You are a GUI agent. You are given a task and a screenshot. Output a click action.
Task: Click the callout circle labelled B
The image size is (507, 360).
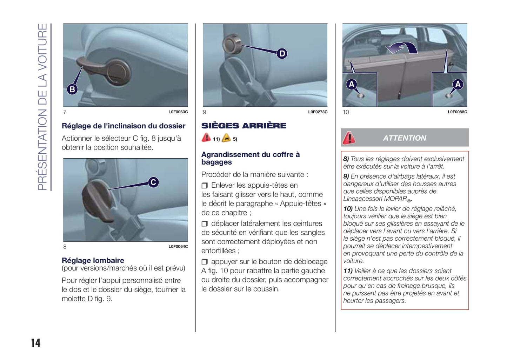[x=72, y=89]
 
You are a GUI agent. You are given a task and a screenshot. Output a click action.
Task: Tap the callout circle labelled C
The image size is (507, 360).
[x=153, y=182]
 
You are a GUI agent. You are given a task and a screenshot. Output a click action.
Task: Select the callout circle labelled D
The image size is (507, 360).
[x=282, y=54]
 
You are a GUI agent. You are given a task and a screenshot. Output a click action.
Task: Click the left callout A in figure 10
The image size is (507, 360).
[x=352, y=84]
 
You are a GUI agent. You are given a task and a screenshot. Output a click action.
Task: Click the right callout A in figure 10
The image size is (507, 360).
[x=458, y=84]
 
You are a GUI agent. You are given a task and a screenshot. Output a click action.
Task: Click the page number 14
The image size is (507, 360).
[x=36, y=343]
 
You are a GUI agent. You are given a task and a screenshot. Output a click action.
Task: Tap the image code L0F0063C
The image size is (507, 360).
[x=178, y=112]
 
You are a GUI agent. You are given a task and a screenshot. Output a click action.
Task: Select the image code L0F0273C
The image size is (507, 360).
[x=318, y=112]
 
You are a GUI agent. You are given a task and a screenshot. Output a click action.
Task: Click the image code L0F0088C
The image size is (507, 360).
[x=458, y=112]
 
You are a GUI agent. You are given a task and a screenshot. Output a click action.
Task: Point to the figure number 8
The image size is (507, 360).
[x=65, y=247]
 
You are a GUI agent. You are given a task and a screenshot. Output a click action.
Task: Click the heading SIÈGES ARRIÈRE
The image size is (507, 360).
[x=244, y=126]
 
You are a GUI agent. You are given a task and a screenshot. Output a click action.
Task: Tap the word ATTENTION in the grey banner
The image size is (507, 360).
[x=405, y=138]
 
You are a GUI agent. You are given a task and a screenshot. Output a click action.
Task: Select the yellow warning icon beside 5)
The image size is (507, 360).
[x=226, y=138]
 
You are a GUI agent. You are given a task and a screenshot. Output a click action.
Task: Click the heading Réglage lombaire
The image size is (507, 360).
[x=93, y=260]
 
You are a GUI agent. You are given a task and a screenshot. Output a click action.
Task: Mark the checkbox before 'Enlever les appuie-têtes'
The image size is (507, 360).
[x=205, y=186]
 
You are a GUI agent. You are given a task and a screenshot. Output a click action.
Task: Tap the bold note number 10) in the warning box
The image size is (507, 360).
[x=348, y=208]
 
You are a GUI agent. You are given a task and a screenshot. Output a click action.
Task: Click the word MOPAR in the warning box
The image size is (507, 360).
[x=396, y=199]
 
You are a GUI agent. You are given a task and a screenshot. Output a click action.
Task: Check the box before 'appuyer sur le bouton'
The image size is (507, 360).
[x=205, y=262]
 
